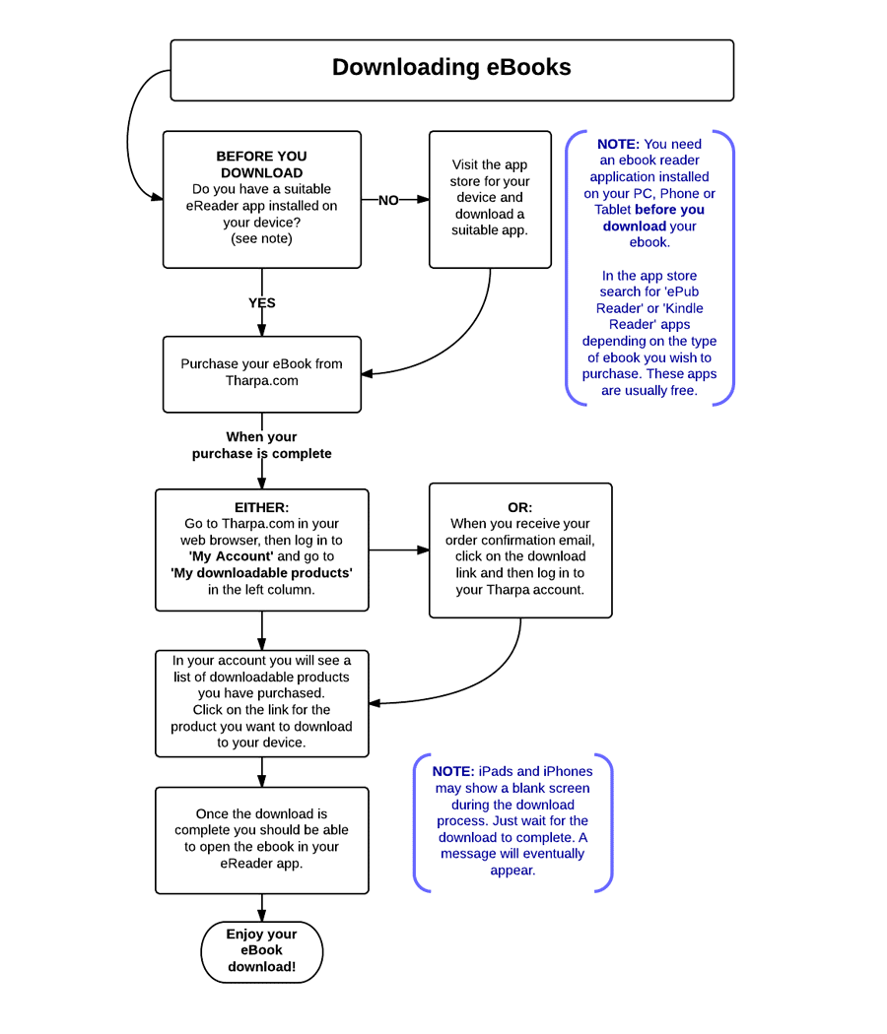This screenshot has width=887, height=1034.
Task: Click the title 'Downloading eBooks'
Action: [x=451, y=67]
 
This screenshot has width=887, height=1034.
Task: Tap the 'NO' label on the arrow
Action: [x=388, y=200]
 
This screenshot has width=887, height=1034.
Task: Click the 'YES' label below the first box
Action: [x=262, y=302]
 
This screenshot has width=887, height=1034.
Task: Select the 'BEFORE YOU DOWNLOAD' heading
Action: [x=261, y=164]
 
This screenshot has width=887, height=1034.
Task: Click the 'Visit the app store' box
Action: [x=490, y=199]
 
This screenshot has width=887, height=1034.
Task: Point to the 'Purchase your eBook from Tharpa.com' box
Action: [x=262, y=374]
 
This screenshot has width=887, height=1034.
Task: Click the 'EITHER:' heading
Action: [x=261, y=507]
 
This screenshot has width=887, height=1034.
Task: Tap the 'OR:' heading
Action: [x=520, y=507]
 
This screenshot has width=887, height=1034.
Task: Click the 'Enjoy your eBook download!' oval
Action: [x=262, y=951]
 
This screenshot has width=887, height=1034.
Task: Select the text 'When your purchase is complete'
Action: [x=261, y=445]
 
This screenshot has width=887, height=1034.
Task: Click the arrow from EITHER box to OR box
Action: [x=398, y=549]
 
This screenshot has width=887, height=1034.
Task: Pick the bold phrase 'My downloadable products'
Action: [x=261, y=573]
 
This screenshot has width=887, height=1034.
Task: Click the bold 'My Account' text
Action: [x=231, y=556]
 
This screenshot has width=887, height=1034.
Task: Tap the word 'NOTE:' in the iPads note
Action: [x=453, y=771]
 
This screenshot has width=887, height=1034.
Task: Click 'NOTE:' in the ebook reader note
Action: [x=618, y=144]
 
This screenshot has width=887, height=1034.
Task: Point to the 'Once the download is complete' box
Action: [x=262, y=840]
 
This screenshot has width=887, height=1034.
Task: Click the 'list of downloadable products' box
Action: [x=262, y=704]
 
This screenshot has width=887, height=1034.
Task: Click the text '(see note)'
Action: [x=261, y=238]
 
